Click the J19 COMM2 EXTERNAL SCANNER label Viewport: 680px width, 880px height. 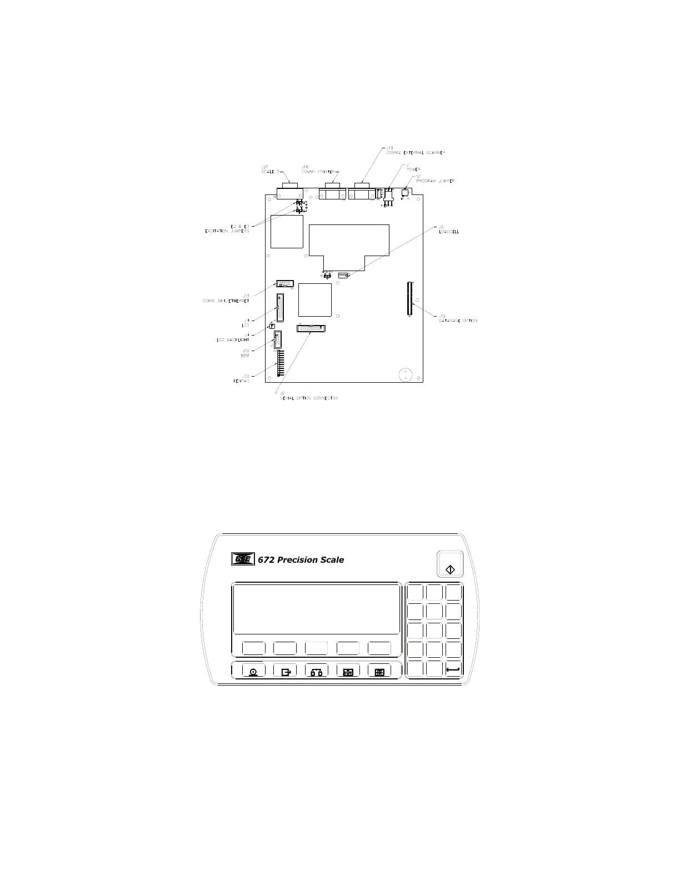[x=415, y=150]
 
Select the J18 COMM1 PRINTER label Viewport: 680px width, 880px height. [x=318, y=169]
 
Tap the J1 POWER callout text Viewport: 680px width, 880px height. [x=414, y=167]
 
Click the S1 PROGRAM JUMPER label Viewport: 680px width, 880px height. [x=435, y=179]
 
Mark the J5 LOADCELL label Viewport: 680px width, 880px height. [x=448, y=229]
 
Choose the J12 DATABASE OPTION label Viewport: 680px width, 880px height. [x=457, y=318]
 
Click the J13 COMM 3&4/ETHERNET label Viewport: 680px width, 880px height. [x=226, y=298]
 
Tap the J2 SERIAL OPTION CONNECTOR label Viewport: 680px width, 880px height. [x=309, y=396]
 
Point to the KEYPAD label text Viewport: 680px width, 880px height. [x=241, y=381]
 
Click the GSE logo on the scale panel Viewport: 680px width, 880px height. [x=242, y=559]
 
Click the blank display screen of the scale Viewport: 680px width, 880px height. [x=316, y=608]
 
